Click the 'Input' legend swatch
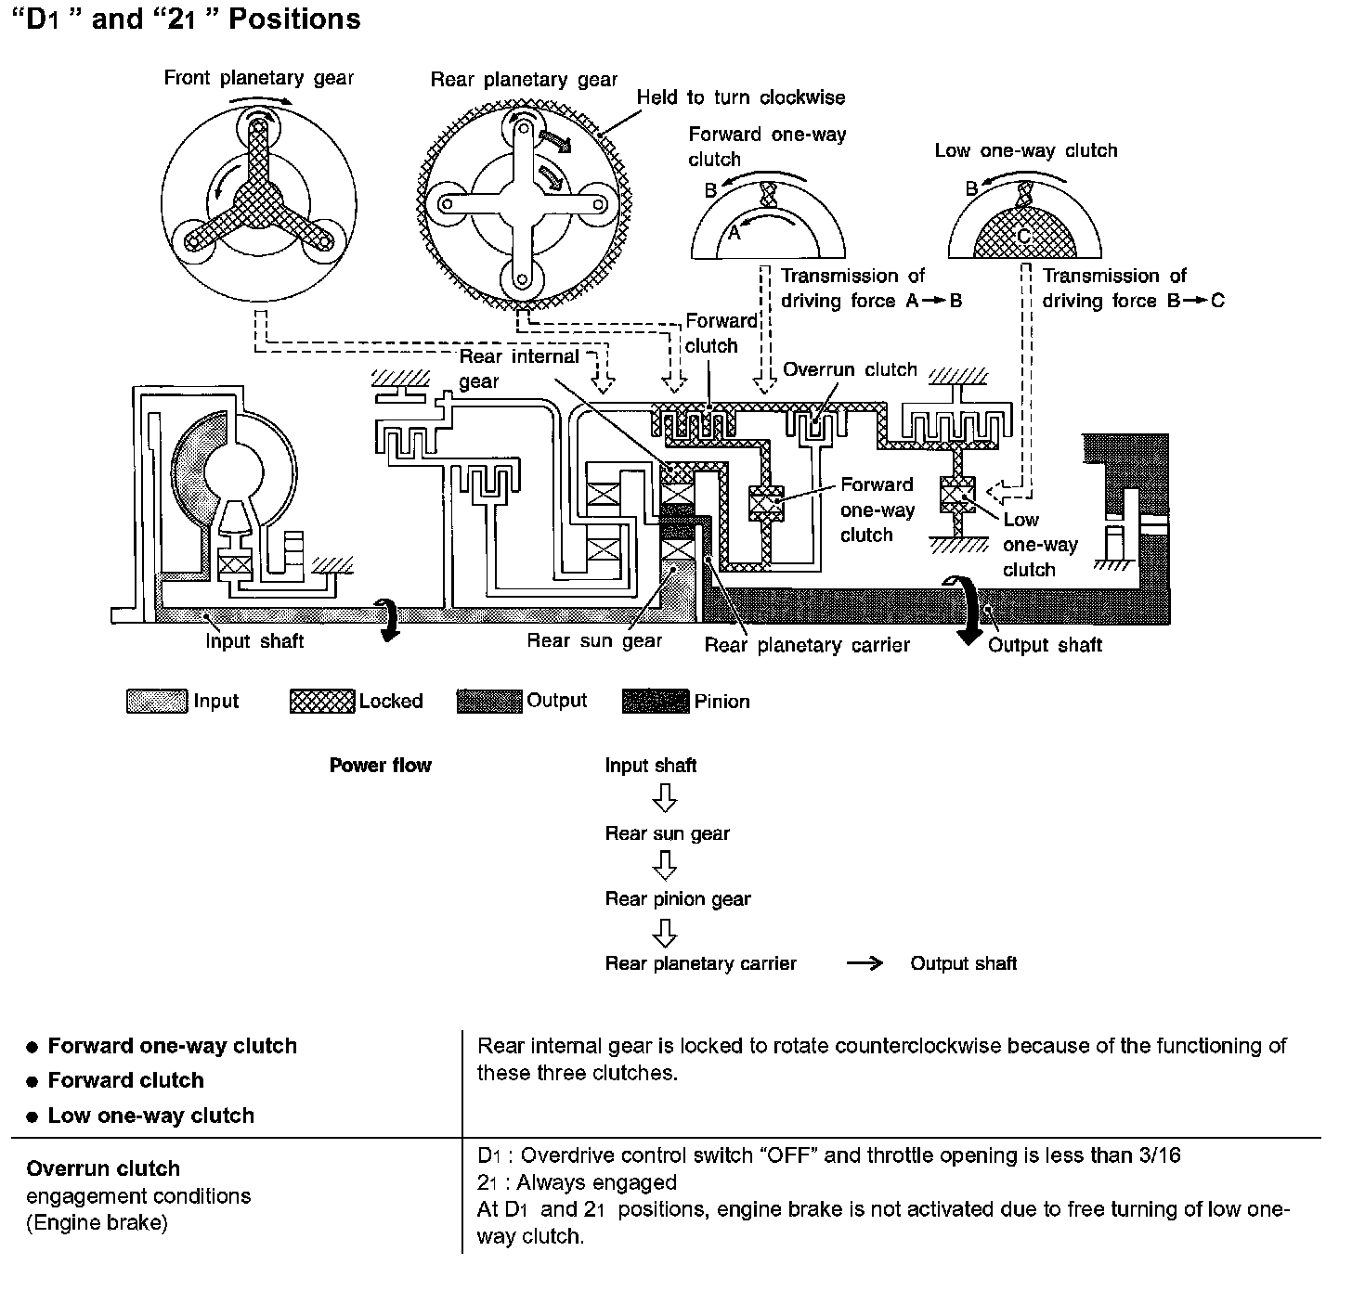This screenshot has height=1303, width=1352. click(x=156, y=702)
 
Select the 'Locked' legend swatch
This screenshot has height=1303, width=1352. click(x=321, y=702)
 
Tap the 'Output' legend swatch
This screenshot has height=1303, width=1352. click(x=488, y=702)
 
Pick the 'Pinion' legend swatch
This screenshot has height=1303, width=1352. click(x=656, y=702)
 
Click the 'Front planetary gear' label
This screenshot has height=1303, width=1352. click(x=258, y=78)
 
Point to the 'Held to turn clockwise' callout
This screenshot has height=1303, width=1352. click(x=740, y=97)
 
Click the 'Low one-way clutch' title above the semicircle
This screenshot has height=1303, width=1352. click(x=1025, y=150)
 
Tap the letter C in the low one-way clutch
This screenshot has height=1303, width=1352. click(x=1023, y=237)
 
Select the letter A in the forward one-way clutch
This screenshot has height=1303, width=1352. click(x=734, y=233)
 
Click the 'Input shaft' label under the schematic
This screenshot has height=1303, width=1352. click(x=254, y=641)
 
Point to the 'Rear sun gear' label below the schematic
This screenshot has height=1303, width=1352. click(x=594, y=640)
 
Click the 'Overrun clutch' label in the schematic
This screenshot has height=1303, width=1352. click(x=850, y=369)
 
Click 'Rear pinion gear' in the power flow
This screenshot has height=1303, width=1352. click(x=677, y=898)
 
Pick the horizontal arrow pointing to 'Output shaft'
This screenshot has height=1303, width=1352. click(x=864, y=963)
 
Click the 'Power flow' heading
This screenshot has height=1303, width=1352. click(x=380, y=766)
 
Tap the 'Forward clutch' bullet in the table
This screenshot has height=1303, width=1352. click(x=125, y=1080)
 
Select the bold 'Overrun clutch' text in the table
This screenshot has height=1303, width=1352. click(x=103, y=1168)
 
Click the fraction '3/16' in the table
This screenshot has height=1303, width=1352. click(x=1158, y=1155)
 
